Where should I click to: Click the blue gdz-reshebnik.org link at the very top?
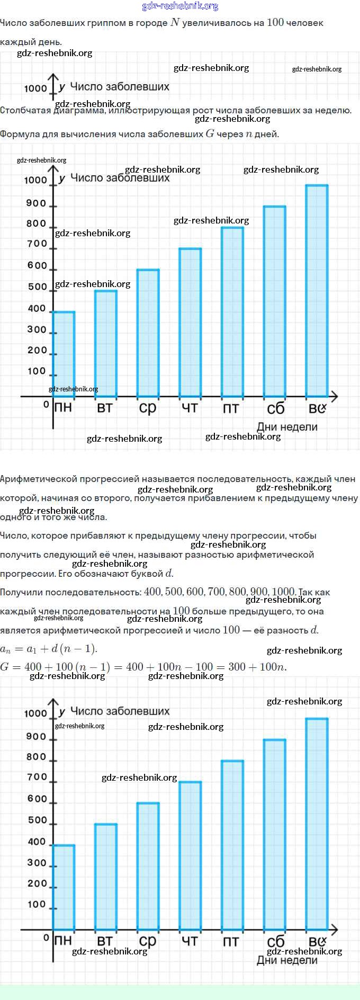tap(180, 6)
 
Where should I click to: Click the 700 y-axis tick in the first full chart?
tap(37, 244)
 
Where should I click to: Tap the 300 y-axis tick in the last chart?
tap(37, 863)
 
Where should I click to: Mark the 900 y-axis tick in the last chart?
tap(37, 737)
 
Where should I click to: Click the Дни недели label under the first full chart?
tap(287, 427)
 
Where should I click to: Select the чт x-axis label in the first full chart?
tap(190, 408)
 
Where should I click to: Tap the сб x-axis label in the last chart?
tap(276, 941)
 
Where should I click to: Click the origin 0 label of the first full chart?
tap(46, 405)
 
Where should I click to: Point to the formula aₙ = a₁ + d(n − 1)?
tap(49, 649)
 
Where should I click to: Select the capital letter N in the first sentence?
tap(175, 23)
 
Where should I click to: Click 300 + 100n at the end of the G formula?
tap(257, 667)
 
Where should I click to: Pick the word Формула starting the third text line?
tap(20, 134)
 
